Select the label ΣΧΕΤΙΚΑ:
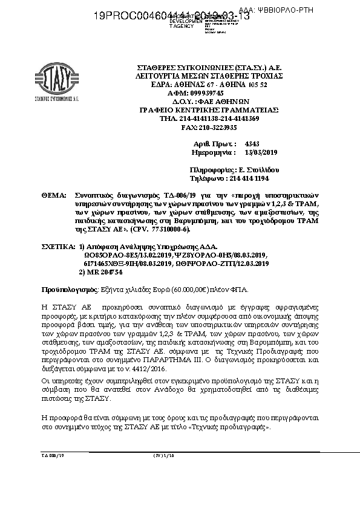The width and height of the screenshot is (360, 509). (59, 248)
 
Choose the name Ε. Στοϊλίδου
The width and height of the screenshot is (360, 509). (254, 171)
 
